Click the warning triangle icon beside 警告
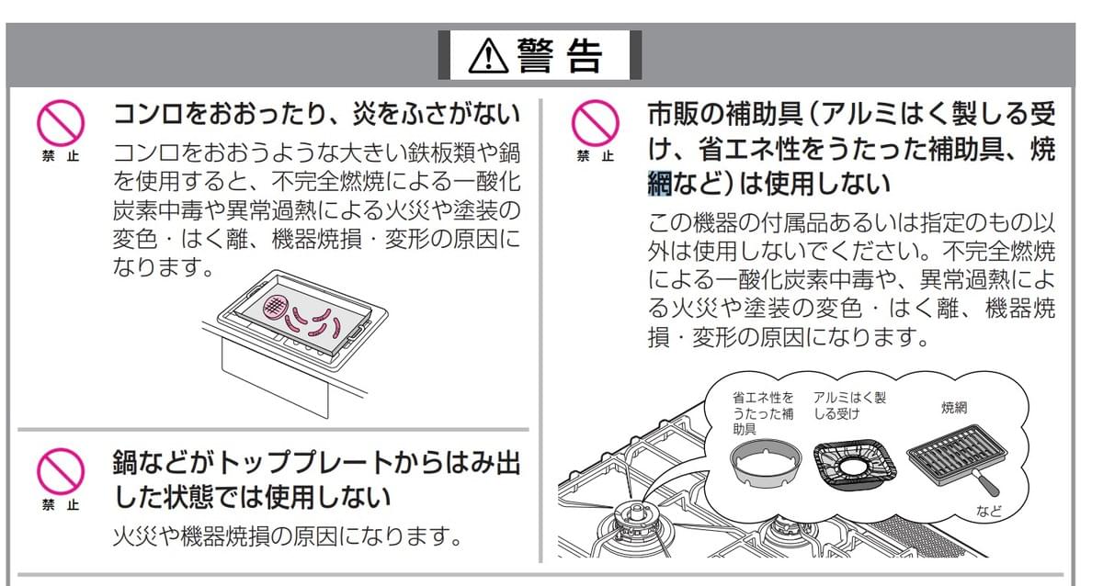[488, 57]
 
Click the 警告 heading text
[560, 56]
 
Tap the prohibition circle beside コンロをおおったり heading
[61, 123]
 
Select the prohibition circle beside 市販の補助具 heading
[595, 123]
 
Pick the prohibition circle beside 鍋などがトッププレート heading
[61, 471]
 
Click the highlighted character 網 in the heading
[660, 183]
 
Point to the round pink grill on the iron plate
[275, 307]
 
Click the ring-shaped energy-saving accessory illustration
[765, 464]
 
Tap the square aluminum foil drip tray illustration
[854, 466]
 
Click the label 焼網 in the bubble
[954, 408]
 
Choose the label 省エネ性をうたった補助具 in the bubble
[763, 413]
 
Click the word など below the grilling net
[989, 512]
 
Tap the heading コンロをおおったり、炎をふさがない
[316, 114]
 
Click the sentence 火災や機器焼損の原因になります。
[288, 536]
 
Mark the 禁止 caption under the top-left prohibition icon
[61, 156]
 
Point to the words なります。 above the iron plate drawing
[163, 267]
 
